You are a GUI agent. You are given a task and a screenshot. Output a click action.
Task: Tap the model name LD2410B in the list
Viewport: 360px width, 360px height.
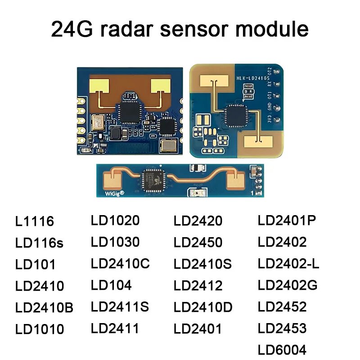point(44,307)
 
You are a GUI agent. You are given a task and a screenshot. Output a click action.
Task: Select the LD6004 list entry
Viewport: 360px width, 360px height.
point(282,350)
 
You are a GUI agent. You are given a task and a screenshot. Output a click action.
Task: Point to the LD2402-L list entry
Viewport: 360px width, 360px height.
point(288,263)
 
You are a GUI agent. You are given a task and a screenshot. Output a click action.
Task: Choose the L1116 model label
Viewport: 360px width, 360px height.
point(35,221)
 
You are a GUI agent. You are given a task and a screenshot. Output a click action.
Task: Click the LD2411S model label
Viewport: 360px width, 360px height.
point(120,306)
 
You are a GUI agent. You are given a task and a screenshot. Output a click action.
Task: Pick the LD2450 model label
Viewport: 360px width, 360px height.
point(198,242)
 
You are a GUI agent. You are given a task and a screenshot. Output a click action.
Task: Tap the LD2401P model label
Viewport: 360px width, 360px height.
point(287,220)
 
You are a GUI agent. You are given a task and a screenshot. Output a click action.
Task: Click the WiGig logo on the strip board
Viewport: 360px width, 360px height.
point(114,193)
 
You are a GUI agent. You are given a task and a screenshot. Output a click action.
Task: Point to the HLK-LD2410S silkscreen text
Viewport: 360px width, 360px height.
point(253,78)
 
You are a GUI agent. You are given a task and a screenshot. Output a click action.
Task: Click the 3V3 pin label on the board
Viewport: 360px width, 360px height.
point(270,119)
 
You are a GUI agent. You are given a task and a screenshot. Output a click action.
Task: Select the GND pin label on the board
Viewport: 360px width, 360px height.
point(270,107)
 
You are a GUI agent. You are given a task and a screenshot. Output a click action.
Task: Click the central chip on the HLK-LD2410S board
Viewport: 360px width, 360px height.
point(236,116)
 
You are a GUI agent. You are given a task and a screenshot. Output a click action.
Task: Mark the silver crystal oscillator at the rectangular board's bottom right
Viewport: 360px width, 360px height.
point(169,145)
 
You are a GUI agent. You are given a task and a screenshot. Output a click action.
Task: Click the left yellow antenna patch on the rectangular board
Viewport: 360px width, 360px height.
point(99,86)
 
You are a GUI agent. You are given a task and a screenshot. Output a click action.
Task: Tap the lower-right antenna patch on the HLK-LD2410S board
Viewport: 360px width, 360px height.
point(258,142)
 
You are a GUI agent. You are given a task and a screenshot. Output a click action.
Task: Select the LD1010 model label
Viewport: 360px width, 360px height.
point(40,329)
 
